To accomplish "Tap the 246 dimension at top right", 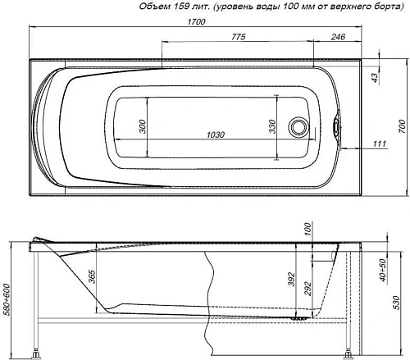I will [337, 37].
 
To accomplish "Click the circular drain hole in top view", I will [298, 127].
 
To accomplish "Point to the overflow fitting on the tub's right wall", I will [336, 127].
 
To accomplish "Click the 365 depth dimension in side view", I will [93, 276].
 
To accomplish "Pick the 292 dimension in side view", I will [308, 287].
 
